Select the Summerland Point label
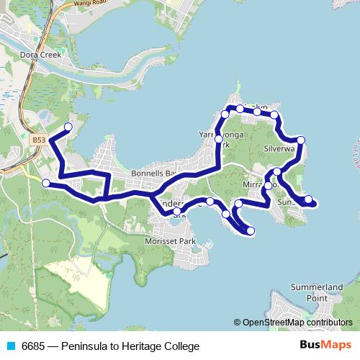pyautogui.click(x=316, y=292)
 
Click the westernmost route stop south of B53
pyautogui.click(x=46, y=183)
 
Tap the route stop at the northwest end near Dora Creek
pyautogui.click(x=68, y=127)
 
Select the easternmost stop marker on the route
pyautogui.click(x=308, y=199)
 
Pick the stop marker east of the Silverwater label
pyautogui.click(x=301, y=140)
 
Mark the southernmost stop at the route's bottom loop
pyautogui.click(x=251, y=230)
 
